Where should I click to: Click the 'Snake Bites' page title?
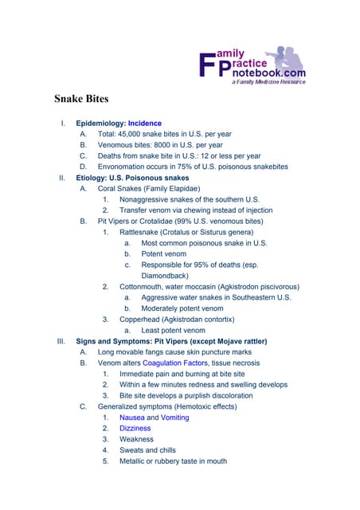click(81, 100)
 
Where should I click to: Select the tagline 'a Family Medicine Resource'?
click(268, 81)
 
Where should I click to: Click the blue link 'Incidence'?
click(144, 124)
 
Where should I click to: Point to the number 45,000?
click(135, 135)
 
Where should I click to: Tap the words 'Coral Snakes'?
click(123, 189)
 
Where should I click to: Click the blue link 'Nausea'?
click(132, 417)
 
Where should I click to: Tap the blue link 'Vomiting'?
click(174, 417)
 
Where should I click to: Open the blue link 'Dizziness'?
click(135, 428)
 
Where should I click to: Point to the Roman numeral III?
click(61, 341)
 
